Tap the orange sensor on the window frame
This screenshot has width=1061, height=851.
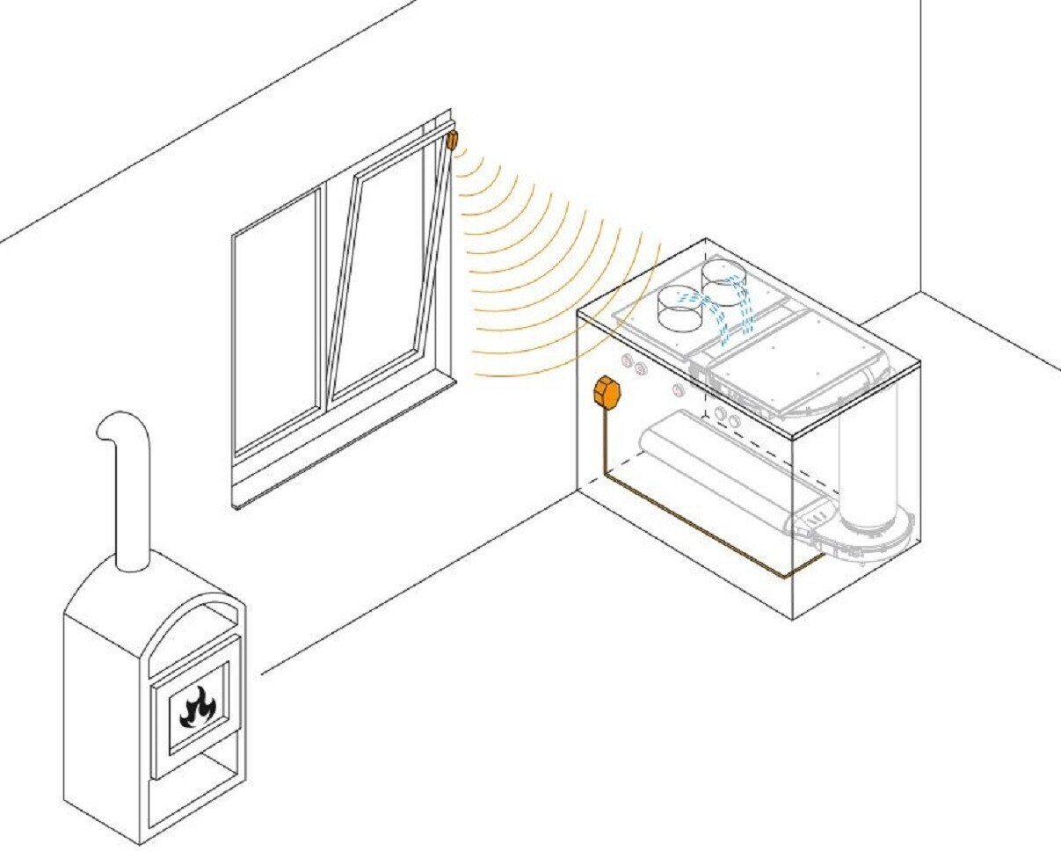click(x=453, y=140)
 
